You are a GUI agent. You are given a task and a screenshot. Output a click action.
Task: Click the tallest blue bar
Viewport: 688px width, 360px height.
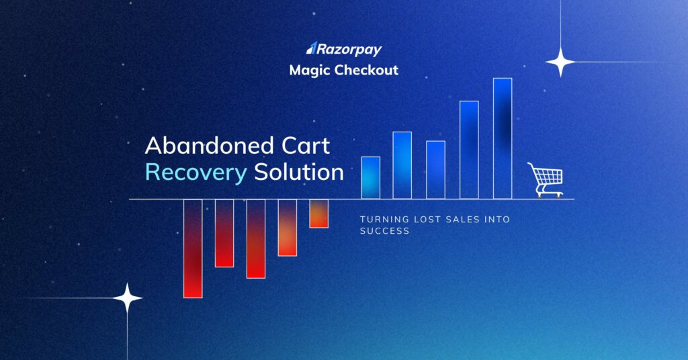click(x=503, y=138)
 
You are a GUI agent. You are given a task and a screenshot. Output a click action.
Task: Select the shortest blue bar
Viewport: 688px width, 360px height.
click(x=371, y=177)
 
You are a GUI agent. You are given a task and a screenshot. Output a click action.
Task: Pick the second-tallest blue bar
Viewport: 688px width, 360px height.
click(x=469, y=150)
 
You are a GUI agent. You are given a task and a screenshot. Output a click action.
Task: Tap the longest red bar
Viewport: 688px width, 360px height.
click(x=193, y=249)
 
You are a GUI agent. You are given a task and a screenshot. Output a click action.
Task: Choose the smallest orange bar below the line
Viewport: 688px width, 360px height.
click(x=318, y=214)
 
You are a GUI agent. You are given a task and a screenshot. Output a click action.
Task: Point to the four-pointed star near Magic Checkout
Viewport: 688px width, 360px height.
click(x=560, y=62)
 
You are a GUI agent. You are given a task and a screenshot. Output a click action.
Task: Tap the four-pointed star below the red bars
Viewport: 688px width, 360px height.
click(x=127, y=298)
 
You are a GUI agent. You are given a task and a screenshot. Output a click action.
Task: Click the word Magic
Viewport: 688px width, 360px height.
click(x=308, y=70)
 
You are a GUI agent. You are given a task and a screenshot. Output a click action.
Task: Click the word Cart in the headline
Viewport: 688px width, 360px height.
click(x=305, y=146)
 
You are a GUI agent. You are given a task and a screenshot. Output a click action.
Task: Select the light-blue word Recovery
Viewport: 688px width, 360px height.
click(x=196, y=173)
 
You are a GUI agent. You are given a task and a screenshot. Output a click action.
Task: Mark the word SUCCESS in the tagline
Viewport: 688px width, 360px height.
click(x=384, y=231)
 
